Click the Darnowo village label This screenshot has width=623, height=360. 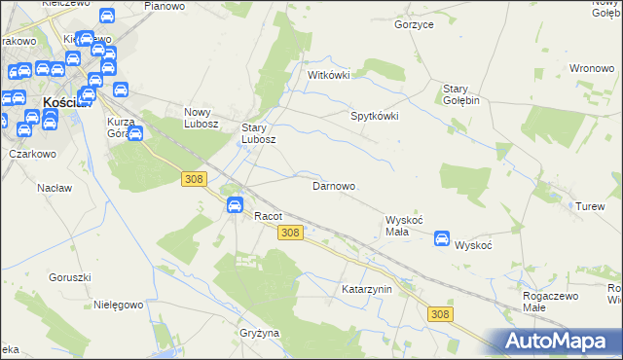333,185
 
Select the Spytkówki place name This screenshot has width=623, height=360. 375,115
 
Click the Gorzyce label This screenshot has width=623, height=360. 414,23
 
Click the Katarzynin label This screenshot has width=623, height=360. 366,289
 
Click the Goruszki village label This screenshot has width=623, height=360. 68,277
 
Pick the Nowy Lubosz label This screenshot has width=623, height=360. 205,118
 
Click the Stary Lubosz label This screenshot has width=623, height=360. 260,133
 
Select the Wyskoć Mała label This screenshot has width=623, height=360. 404,226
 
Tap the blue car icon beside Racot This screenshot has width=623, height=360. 235,204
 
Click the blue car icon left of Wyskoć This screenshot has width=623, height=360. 442,238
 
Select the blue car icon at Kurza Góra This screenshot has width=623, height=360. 135,133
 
